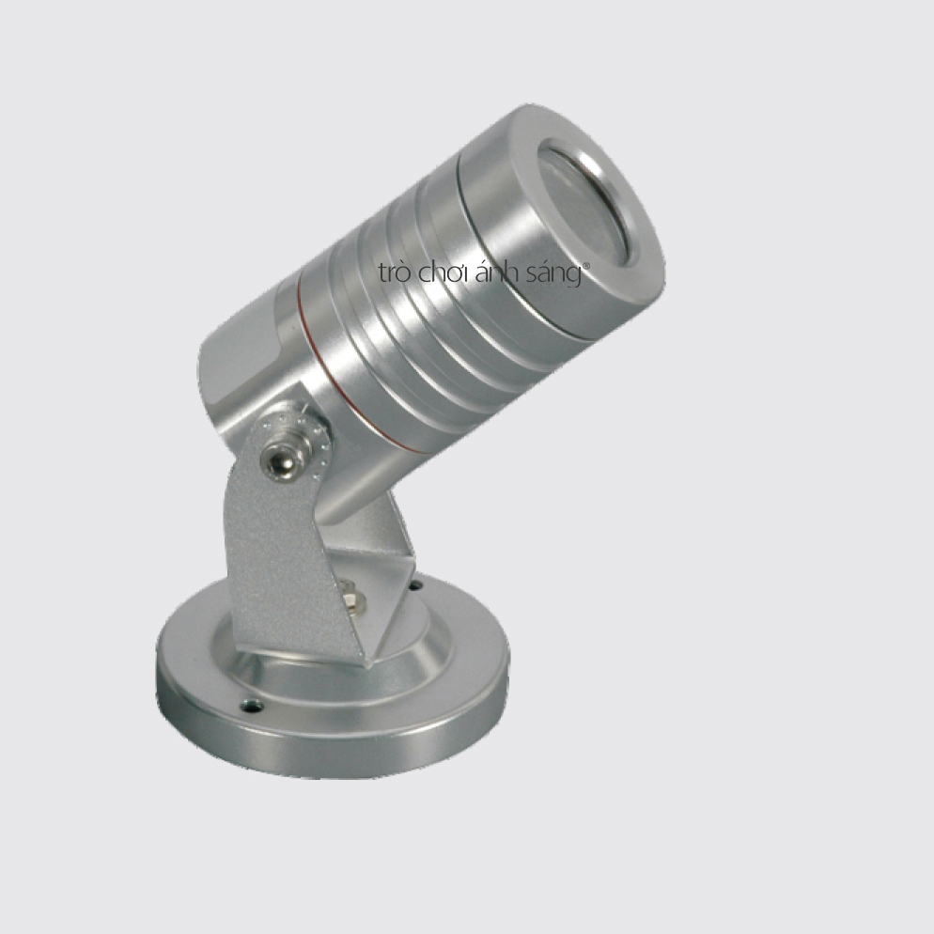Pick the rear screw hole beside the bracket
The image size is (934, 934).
click(415, 586)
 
